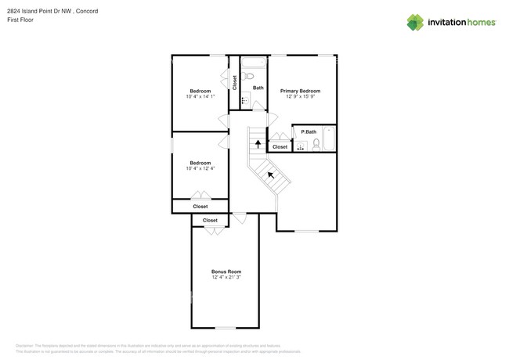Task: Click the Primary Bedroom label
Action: tap(300, 91)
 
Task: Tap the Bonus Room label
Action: tap(226, 272)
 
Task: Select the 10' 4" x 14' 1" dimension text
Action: tap(200, 96)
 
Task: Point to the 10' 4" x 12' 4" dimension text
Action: tap(200, 168)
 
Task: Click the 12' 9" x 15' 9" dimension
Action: tap(300, 96)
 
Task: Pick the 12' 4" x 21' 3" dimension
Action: tap(226, 277)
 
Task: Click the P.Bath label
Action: tap(309, 131)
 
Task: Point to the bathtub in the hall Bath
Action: tap(253, 62)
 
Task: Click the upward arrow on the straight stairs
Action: tap(258, 143)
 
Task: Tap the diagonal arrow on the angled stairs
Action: tap(271, 175)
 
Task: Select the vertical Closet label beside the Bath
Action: tap(235, 82)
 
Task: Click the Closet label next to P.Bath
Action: tap(280, 146)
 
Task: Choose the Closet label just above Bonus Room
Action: tap(210, 221)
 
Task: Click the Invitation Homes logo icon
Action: tap(415, 22)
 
